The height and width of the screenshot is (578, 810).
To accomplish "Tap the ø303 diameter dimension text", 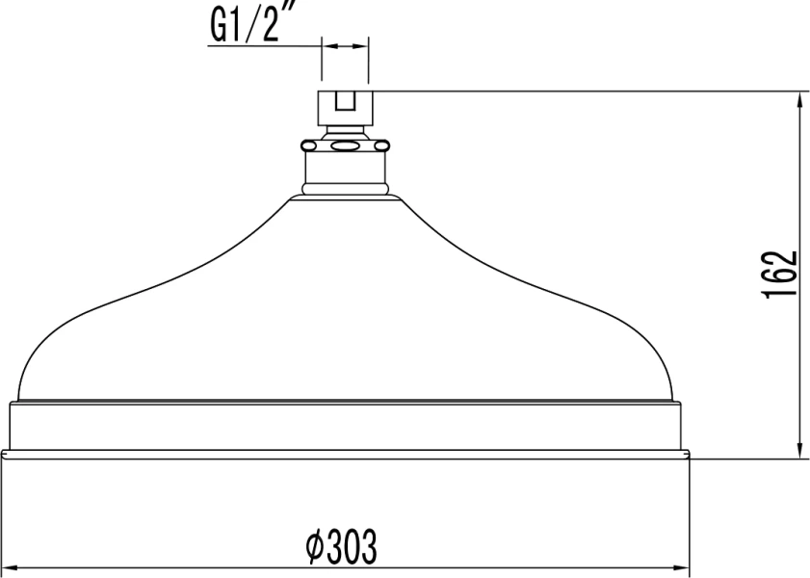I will pos(341,548).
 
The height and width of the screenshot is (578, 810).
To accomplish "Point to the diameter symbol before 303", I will pos(314,549).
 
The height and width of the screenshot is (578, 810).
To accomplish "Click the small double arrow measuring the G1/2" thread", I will pos(345,44).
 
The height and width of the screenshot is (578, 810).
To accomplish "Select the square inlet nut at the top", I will pos(345,105).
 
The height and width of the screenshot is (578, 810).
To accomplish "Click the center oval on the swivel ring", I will pos(345,146).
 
